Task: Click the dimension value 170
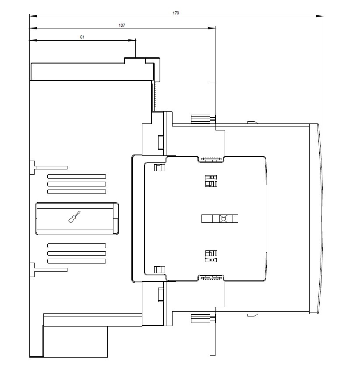click(x=176, y=13)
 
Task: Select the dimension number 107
click(x=122, y=25)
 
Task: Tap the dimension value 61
click(x=82, y=37)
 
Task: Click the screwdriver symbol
click(x=74, y=217)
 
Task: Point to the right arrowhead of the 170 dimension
click(x=319, y=16)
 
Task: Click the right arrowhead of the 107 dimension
click(x=212, y=28)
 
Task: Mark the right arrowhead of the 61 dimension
click(x=132, y=40)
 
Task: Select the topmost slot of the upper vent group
click(x=77, y=176)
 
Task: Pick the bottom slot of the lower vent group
click(x=77, y=261)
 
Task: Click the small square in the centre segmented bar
click(x=223, y=219)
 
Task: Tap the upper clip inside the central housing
click(x=211, y=181)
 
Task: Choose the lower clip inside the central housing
click(x=211, y=256)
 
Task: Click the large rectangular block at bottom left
click(x=75, y=342)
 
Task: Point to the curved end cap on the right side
click(x=315, y=219)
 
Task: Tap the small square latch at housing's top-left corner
click(x=159, y=168)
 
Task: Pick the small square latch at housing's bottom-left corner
click(x=159, y=270)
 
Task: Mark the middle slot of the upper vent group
click(x=77, y=184)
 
